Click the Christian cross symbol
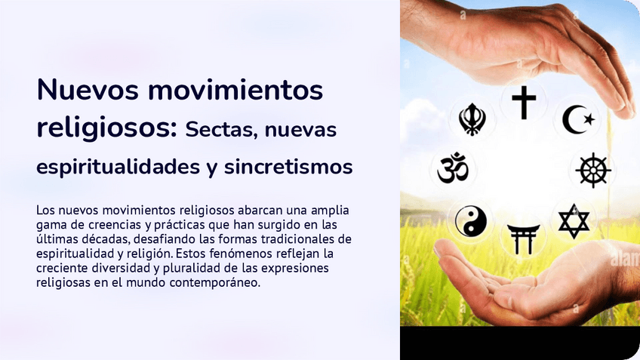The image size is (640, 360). [523, 102]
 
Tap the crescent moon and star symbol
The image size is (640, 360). [578, 119]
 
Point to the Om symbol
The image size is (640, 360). [453, 168]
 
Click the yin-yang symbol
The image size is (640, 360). [470, 221]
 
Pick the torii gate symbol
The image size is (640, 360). [523, 238]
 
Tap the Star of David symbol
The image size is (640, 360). [574, 220]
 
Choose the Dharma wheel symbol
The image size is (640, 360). [593, 169]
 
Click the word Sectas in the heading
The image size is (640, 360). [220, 130]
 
